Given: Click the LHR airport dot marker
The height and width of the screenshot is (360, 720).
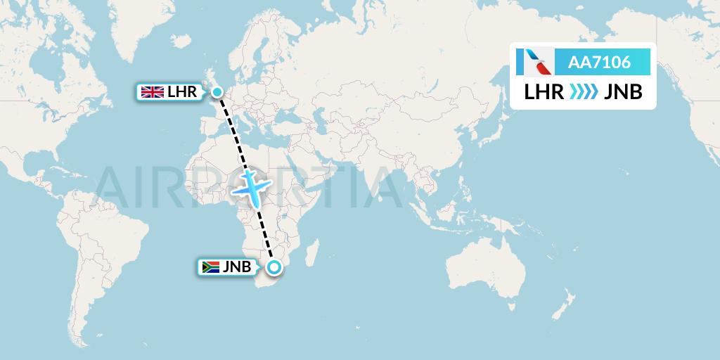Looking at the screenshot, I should click(x=217, y=91).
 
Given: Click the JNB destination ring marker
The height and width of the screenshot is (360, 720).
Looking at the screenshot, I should click(x=274, y=267).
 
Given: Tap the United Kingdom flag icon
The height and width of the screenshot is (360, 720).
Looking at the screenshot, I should click(x=153, y=91).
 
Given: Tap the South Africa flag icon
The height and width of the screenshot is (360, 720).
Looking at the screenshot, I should click(x=210, y=267).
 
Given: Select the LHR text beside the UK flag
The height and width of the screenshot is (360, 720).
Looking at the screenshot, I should click(x=181, y=91).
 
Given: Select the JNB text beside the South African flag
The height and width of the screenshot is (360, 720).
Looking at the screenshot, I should click(x=237, y=267).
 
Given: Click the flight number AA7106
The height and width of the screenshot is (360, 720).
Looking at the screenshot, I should click(x=599, y=63).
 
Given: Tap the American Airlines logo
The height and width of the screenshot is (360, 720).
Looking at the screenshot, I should click(x=534, y=63).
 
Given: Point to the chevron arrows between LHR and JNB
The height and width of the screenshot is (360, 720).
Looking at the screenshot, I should click(x=583, y=92).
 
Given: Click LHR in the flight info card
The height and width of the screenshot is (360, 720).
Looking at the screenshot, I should click(x=544, y=92).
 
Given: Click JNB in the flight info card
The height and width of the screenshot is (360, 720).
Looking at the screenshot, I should click(x=622, y=92).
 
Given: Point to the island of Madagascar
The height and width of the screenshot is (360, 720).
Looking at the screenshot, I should click(x=314, y=256).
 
